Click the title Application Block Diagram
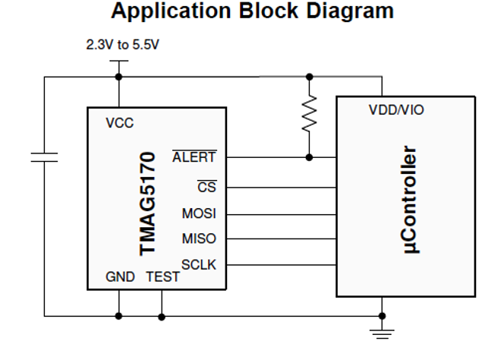pyautogui.click(x=252, y=11)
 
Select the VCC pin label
pyautogui.click(x=119, y=124)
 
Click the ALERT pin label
pyautogui.click(x=194, y=157)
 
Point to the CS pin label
pyautogui.click(x=206, y=186)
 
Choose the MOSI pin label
pyautogui.click(x=199, y=213)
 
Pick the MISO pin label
pyautogui.click(x=199, y=238)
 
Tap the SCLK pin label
pyautogui.click(x=199, y=265)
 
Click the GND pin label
pyautogui.click(x=119, y=277)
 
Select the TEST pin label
pyautogui.click(x=162, y=277)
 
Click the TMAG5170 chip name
pyautogui.click(x=149, y=202)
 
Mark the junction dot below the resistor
pyautogui.click(x=308, y=157)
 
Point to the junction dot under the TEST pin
pyautogui.click(x=162, y=314)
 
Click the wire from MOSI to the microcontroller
pyautogui.click(x=281, y=213)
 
